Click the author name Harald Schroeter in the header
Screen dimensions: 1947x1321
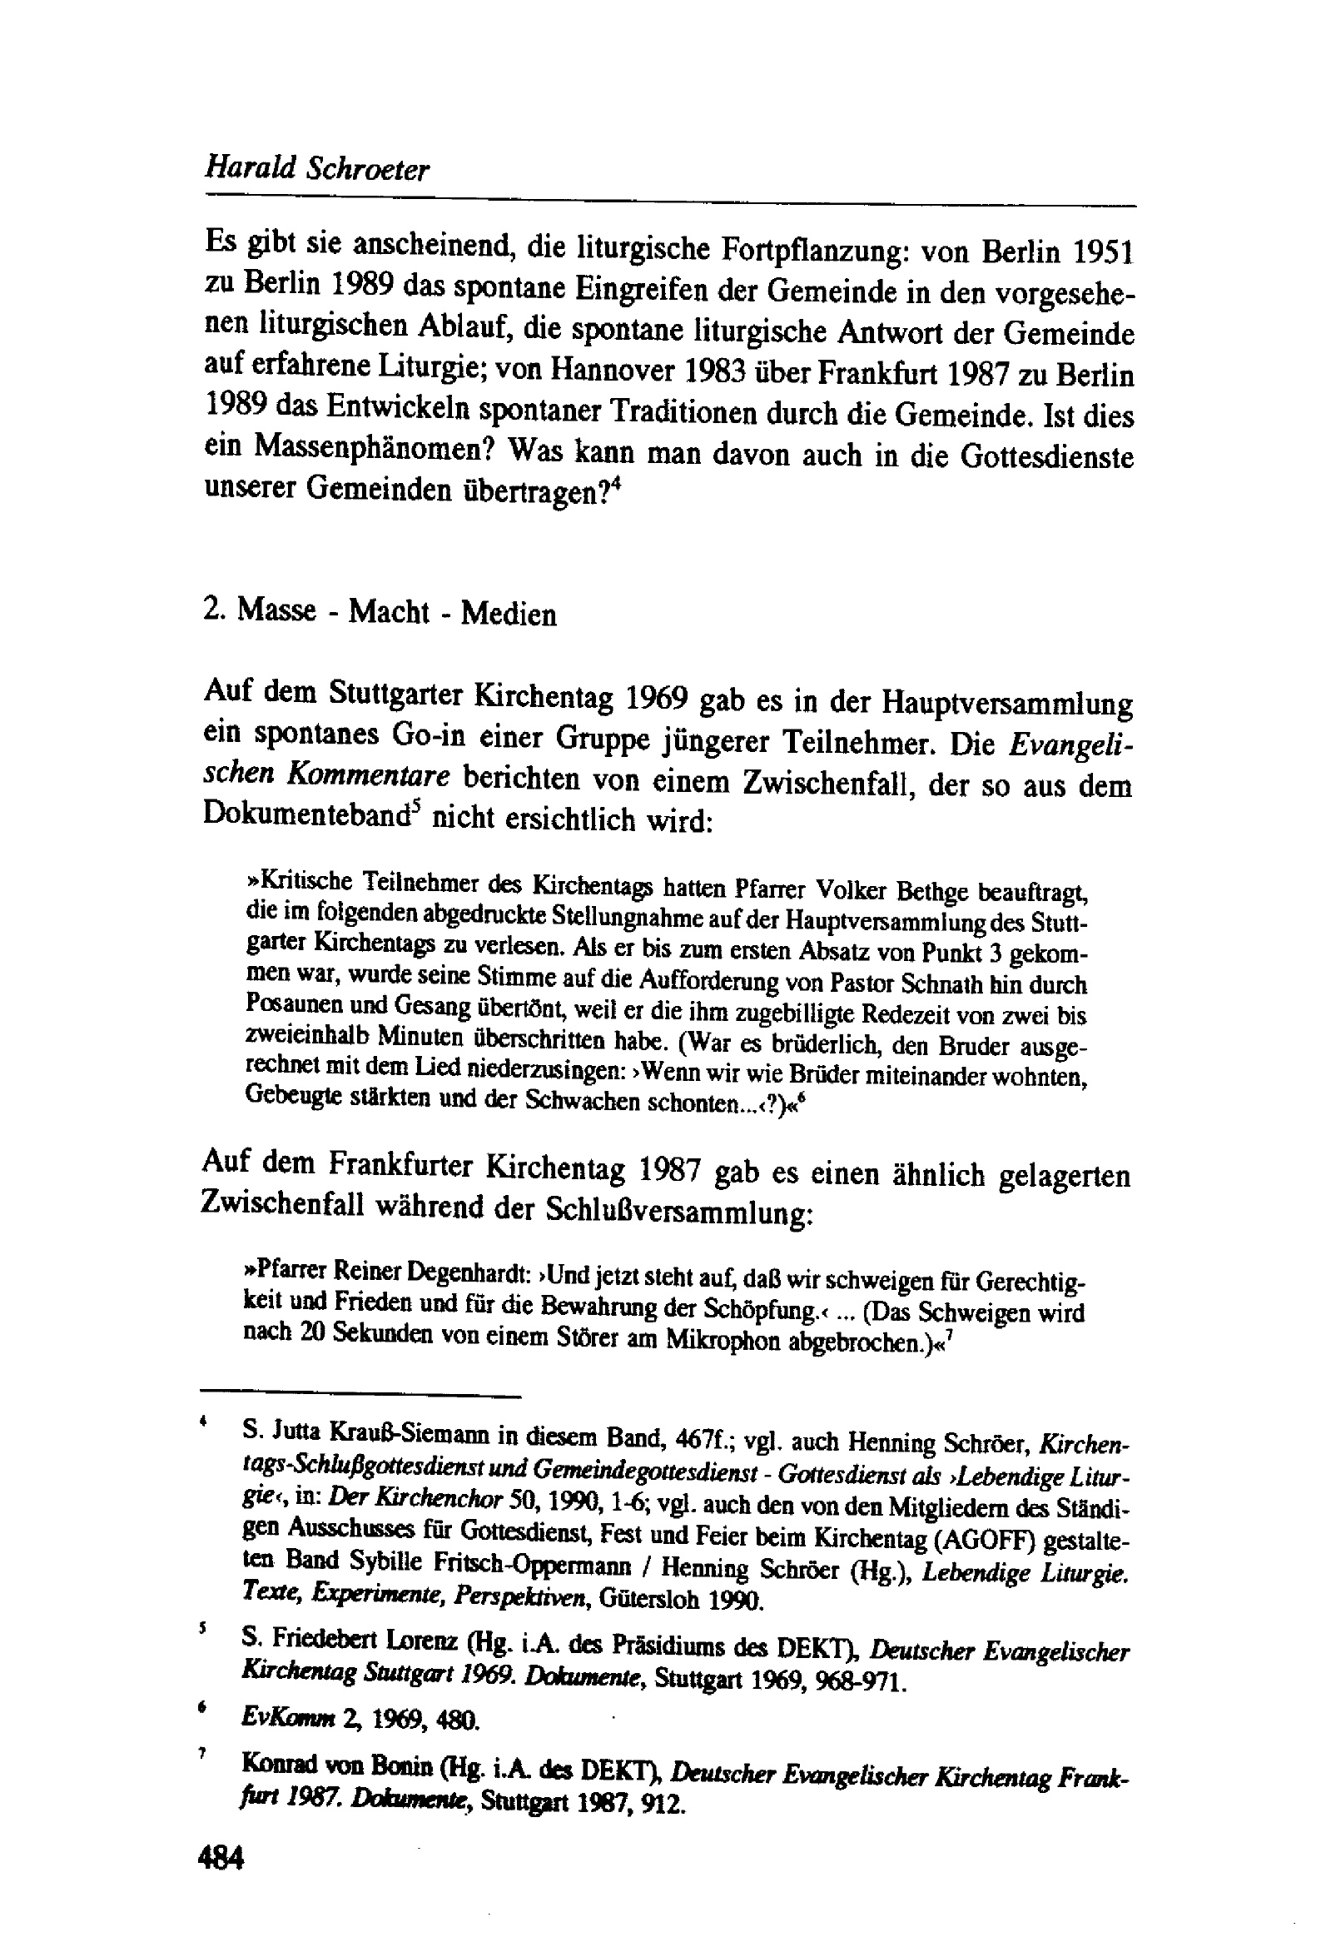pos(316,169)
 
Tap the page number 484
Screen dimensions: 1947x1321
pos(221,1858)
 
